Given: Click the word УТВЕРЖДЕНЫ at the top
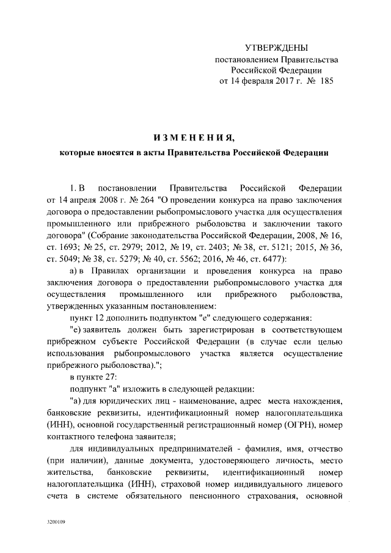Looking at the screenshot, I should (x=277, y=48).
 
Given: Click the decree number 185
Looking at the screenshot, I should (x=327, y=81).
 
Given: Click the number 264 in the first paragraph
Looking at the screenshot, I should (x=144, y=200).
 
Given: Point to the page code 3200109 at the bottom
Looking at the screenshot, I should (x=56, y=522).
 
